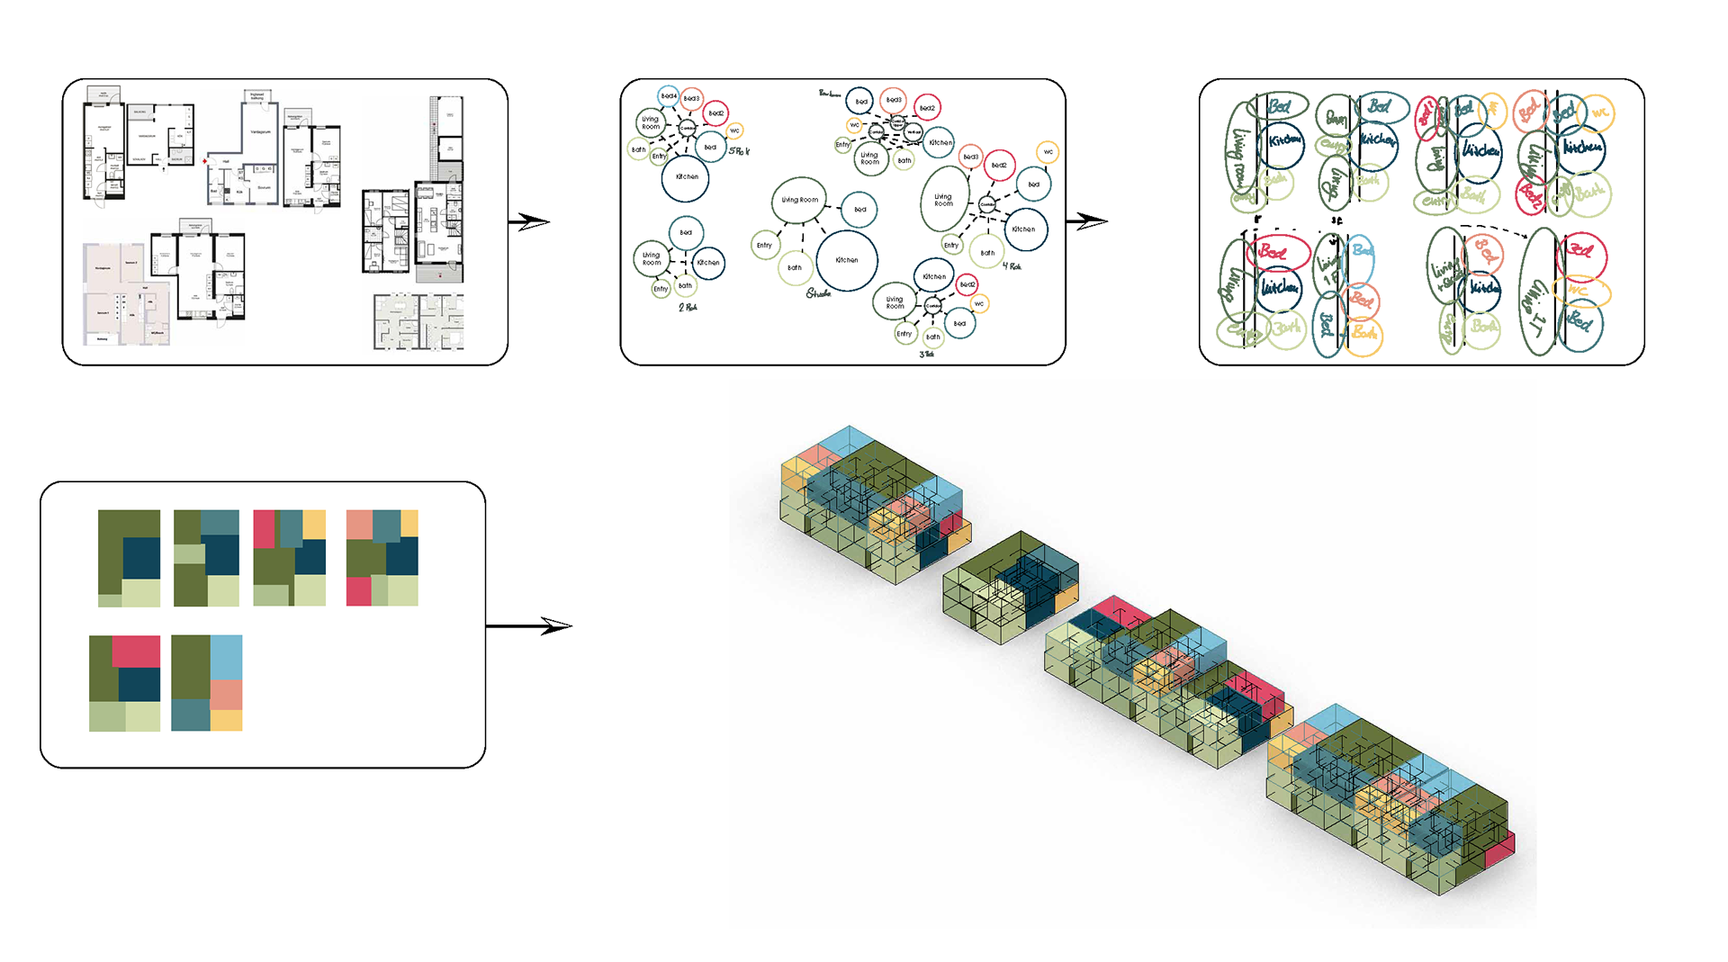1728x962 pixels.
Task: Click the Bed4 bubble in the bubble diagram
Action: pyautogui.click(x=668, y=96)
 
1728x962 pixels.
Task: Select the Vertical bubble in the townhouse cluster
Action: pyautogui.click(x=913, y=132)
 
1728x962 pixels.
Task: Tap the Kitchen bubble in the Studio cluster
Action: pyautogui.click(x=846, y=260)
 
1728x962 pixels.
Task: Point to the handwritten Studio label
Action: pyautogui.click(x=818, y=293)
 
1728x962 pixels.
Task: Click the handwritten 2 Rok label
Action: pyautogui.click(x=688, y=308)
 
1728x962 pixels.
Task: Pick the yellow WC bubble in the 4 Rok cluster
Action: pyautogui.click(x=1048, y=152)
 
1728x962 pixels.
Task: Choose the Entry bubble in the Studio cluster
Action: pyautogui.click(x=764, y=245)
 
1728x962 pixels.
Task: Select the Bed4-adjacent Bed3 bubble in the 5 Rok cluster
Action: pyautogui.click(x=691, y=99)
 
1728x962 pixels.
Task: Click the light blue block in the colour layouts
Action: pyautogui.click(x=226, y=657)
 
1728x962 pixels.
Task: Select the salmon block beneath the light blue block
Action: pyautogui.click(x=226, y=695)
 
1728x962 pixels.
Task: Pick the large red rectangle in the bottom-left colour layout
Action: pyautogui.click(x=136, y=652)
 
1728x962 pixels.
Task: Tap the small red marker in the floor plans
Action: pyautogui.click(x=205, y=161)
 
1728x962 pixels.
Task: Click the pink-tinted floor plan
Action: pyautogui.click(x=126, y=293)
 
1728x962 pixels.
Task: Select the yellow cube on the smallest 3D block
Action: pyautogui.click(x=1066, y=597)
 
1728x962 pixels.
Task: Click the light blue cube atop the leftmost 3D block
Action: pyautogui.click(x=849, y=441)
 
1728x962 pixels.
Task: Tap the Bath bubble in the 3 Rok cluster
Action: pyautogui.click(x=933, y=337)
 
